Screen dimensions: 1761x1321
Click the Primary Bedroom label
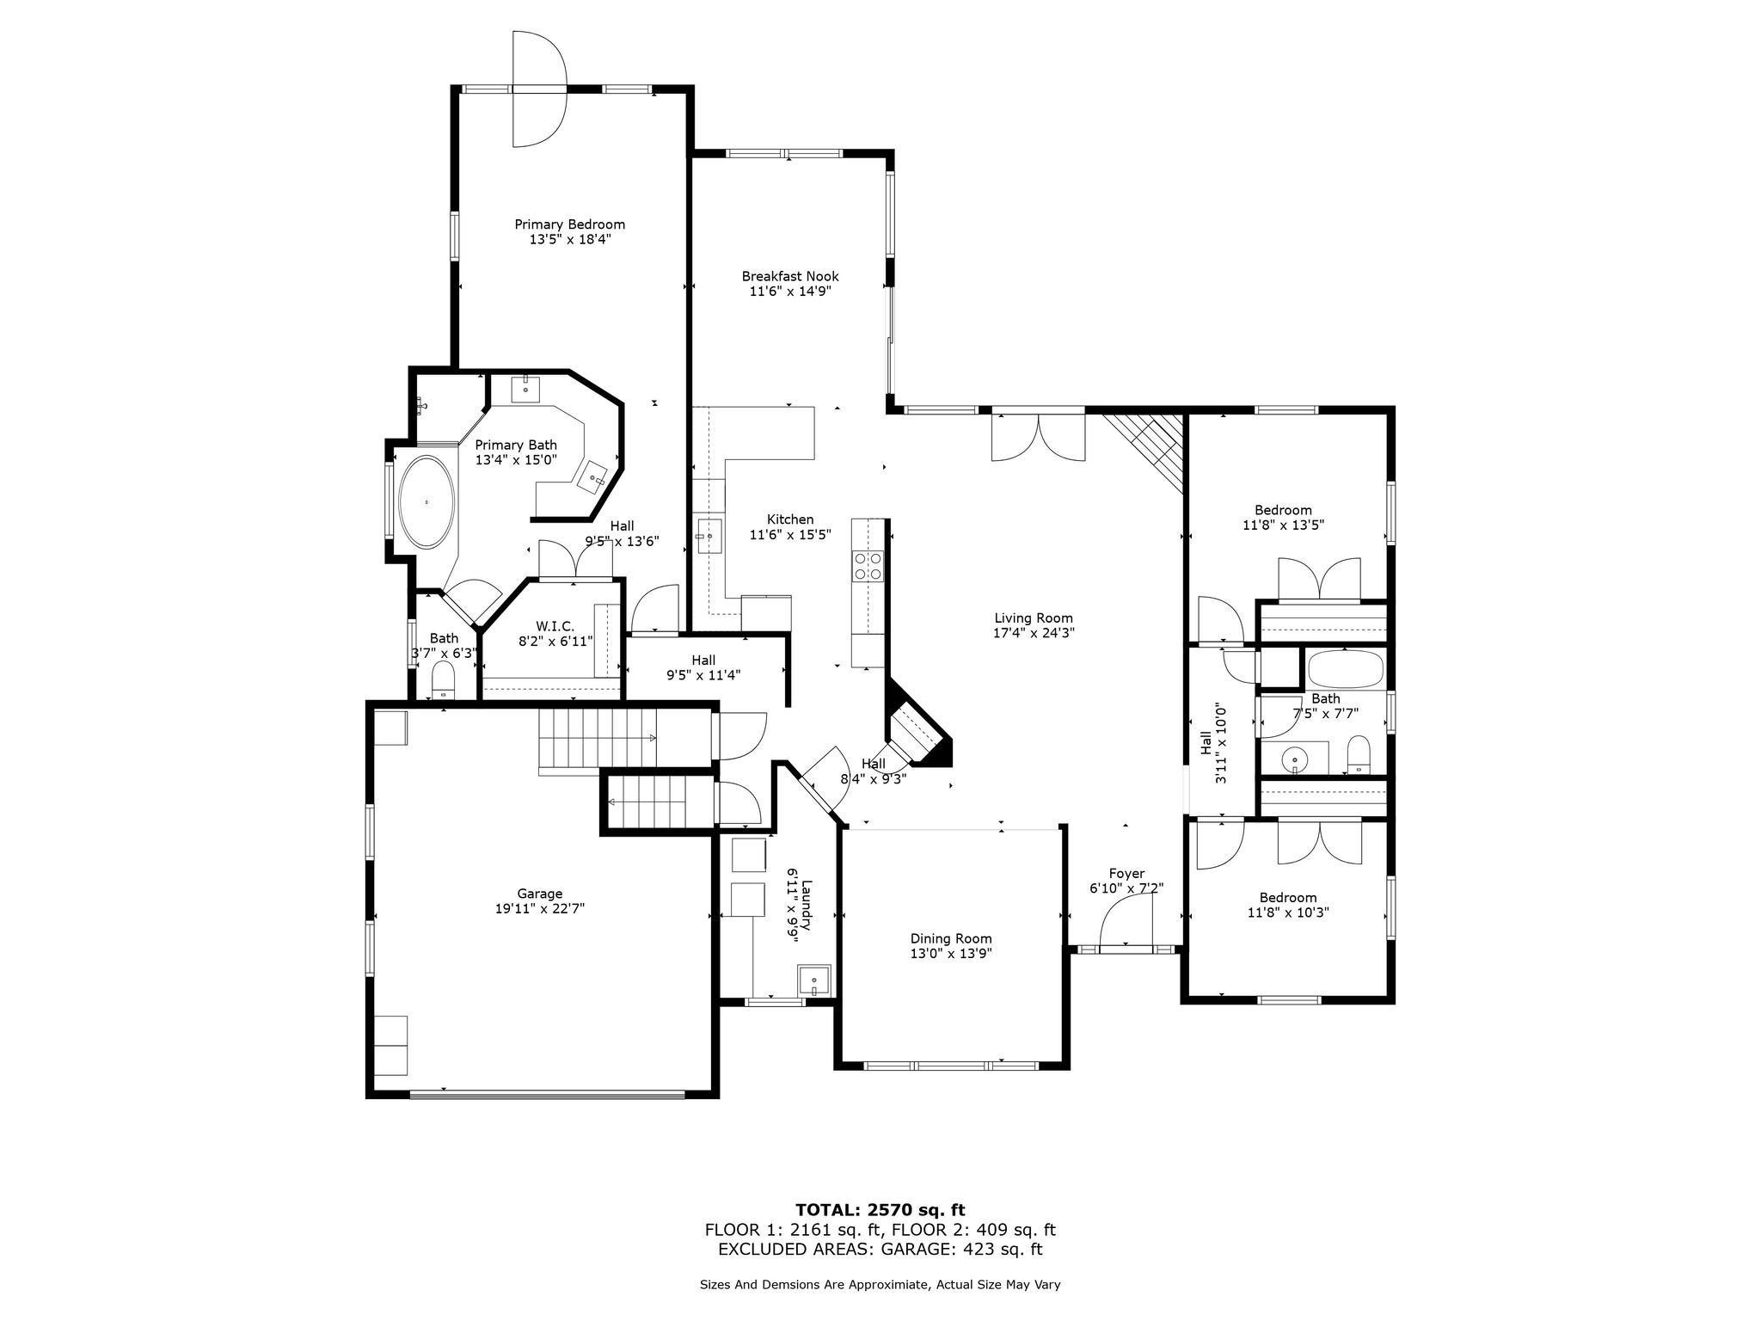click(569, 224)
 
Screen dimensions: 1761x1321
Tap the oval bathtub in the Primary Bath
click(426, 502)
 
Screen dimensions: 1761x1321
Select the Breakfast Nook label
click(790, 276)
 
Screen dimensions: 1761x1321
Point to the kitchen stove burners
click(868, 566)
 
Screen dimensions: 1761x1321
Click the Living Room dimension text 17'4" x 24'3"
click(1034, 633)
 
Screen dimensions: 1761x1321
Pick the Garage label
click(539, 894)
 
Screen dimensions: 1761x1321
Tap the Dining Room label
click(951, 938)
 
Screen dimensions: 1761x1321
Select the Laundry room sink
click(814, 980)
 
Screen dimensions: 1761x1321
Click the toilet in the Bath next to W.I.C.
click(443, 681)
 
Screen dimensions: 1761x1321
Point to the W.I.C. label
click(555, 626)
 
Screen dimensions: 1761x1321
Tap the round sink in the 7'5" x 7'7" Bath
click(1293, 760)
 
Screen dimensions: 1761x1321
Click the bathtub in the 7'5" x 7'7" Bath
click(1345, 668)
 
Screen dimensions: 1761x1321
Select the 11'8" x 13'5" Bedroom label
click(1283, 510)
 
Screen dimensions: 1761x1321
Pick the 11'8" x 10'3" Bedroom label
click(1288, 897)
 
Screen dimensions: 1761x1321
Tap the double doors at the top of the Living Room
click(1039, 437)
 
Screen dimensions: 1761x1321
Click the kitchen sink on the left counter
click(709, 536)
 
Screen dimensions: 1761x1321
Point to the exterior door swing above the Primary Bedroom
click(539, 89)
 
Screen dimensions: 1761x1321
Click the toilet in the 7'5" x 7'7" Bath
click(1359, 754)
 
